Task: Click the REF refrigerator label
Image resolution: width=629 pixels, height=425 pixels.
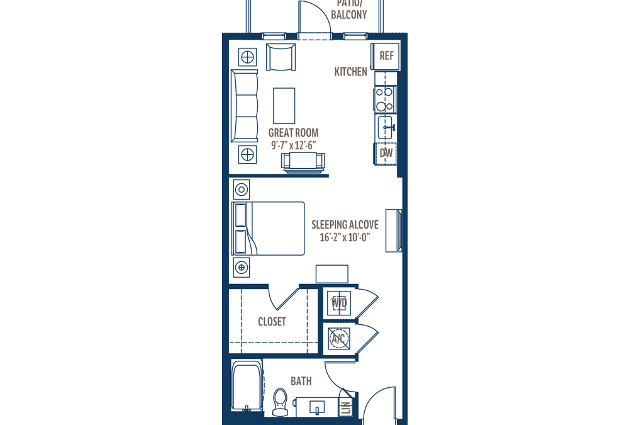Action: pyautogui.click(x=387, y=56)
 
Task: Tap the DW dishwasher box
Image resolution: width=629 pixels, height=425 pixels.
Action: pyautogui.click(x=386, y=153)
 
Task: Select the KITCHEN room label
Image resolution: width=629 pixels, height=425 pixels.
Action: pyautogui.click(x=350, y=72)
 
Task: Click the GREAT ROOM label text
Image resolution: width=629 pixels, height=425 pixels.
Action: pyautogui.click(x=293, y=133)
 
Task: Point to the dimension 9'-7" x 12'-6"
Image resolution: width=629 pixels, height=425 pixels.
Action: pyautogui.click(x=293, y=145)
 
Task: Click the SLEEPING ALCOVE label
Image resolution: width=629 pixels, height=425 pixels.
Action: pyautogui.click(x=345, y=225)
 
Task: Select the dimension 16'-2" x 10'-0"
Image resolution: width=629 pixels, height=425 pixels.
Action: pyautogui.click(x=345, y=237)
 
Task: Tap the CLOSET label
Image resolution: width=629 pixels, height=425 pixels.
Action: pyautogui.click(x=272, y=322)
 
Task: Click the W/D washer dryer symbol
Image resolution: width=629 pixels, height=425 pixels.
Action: pyautogui.click(x=339, y=302)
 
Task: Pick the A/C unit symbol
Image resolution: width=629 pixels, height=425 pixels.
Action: pyautogui.click(x=339, y=338)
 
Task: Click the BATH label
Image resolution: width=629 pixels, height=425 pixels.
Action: pyautogui.click(x=301, y=381)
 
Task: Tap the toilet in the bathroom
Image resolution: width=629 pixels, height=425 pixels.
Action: pyautogui.click(x=280, y=402)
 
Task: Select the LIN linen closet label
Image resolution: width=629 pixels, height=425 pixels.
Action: pyautogui.click(x=346, y=408)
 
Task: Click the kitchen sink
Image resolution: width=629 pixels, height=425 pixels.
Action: pyautogui.click(x=386, y=127)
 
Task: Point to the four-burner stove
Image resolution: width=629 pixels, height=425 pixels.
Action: pyautogui.click(x=385, y=99)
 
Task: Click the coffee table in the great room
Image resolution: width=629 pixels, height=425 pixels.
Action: pyautogui.click(x=284, y=106)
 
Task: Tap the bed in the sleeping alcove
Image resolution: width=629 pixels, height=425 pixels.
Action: pyautogui.click(x=268, y=228)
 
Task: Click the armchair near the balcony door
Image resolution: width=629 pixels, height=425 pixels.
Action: pyautogui.click(x=281, y=57)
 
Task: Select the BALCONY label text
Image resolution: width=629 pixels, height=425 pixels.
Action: pyautogui.click(x=349, y=15)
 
